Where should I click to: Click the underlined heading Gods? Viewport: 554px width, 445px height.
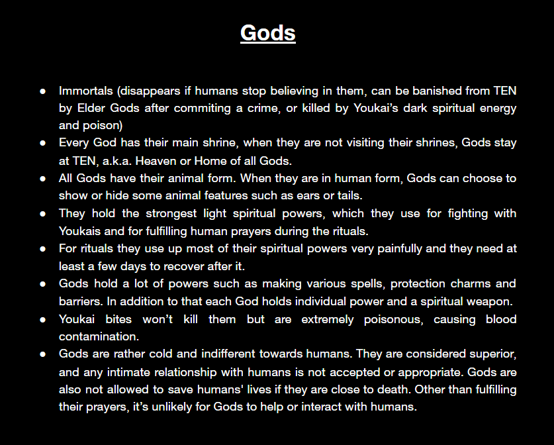[268, 33]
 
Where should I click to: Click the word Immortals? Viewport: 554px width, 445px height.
[86, 91]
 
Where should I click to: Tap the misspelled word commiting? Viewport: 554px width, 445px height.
[202, 108]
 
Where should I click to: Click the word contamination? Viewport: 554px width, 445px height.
[99, 336]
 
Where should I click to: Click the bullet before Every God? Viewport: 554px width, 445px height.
[43, 143]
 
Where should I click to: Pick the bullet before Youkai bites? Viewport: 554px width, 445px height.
[43, 320]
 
